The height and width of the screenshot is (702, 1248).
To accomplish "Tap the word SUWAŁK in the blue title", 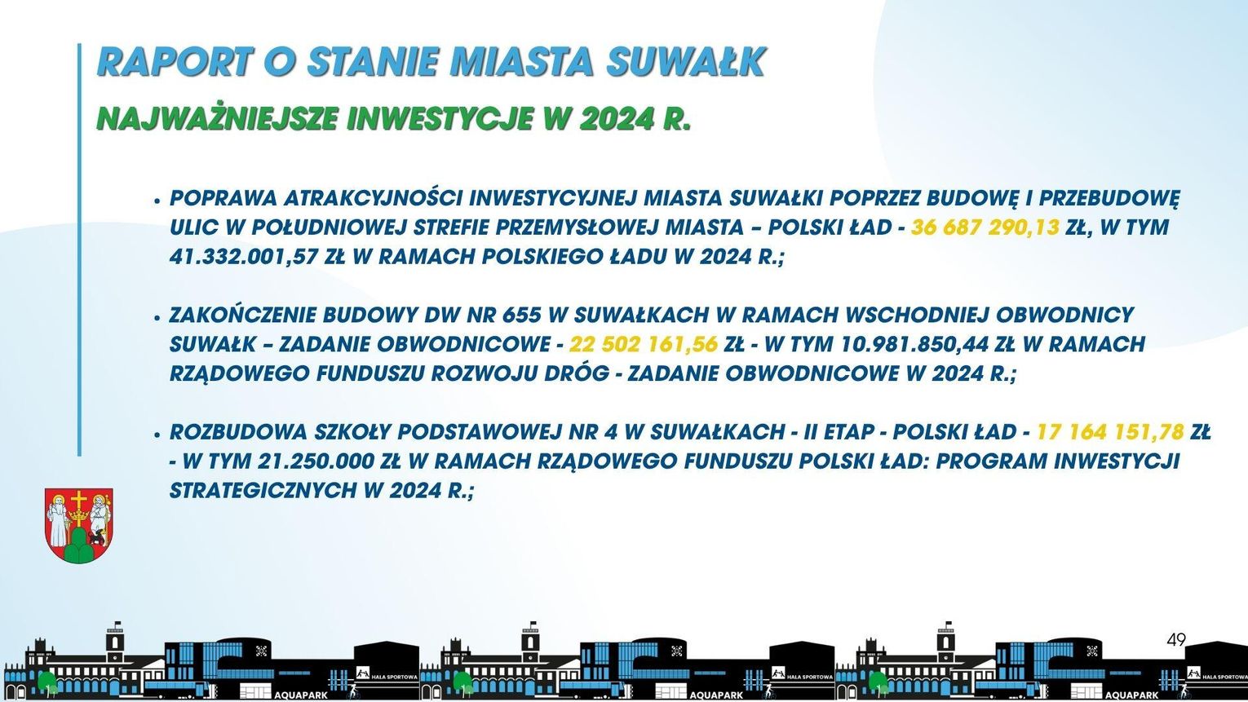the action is [x=686, y=61].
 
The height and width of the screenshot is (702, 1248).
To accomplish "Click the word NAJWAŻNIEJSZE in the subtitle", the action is [x=217, y=118].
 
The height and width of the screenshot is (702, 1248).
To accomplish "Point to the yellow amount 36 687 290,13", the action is [x=985, y=227].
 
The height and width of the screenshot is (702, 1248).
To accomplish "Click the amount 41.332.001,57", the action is [x=243, y=257].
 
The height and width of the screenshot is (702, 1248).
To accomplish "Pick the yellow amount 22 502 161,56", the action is [x=644, y=344].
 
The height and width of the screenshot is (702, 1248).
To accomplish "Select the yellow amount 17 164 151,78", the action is [x=1110, y=432].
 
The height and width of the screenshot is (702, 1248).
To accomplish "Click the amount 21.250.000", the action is [x=316, y=461].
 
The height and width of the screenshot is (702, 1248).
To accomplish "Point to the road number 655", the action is [x=521, y=315].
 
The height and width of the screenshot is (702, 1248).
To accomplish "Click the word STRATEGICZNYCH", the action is [x=263, y=491].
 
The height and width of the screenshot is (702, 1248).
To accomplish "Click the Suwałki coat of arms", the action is [x=78, y=525].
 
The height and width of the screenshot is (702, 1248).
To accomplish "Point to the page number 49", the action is [x=1176, y=640].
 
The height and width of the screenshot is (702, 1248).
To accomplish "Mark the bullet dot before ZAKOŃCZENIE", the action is [x=157, y=317].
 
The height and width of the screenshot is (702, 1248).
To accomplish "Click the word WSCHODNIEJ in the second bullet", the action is [x=917, y=315].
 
